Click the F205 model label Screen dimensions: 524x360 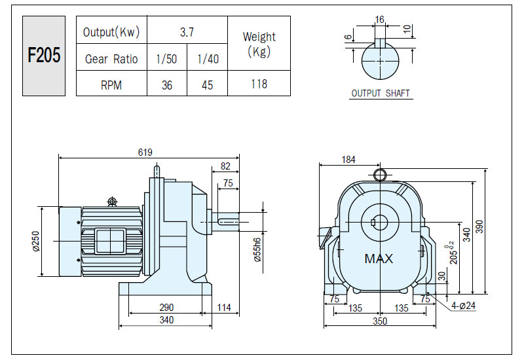(x=44, y=55)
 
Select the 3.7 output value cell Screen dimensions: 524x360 (x=187, y=32)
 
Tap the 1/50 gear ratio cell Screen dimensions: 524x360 (x=166, y=59)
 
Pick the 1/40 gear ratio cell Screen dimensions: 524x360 (x=208, y=59)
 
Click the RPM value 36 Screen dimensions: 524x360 (x=167, y=85)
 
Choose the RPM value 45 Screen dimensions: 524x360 (x=207, y=85)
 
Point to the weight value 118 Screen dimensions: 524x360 (x=259, y=84)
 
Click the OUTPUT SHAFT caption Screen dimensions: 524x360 (x=381, y=93)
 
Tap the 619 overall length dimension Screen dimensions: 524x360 (x=145, y=153)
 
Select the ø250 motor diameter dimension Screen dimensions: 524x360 (x=36, y=241)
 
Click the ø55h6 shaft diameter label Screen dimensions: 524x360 (x=257, y=250)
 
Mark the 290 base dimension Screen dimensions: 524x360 (x=166, y=307)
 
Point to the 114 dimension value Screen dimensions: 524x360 (x=224, y=307)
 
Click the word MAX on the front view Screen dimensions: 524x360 (x=379, y=259)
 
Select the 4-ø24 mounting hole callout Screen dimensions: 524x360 (x=463, y=305)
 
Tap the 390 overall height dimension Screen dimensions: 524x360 (x=479, y=226)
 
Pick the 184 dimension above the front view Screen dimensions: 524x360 (x=348, y=160)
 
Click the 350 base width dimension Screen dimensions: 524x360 (x=380, y=321)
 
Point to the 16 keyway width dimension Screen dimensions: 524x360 (x=380, y=20)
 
